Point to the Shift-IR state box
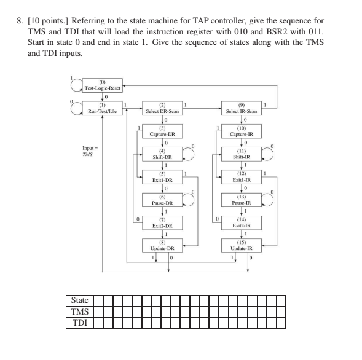pyautogui.click(x=242, y=154)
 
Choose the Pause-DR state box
pyautogui.click(x=163, y=200)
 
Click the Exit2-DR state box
pyautogui.click(x=163, y=222)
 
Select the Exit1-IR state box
pyautogui.click(x=242, y=177)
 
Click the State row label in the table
pyautogui.click(x=80, y=300)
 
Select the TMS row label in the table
pyautogui.click(x=80, y=311)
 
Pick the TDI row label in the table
pyautogui.click(x=80, y=321)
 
